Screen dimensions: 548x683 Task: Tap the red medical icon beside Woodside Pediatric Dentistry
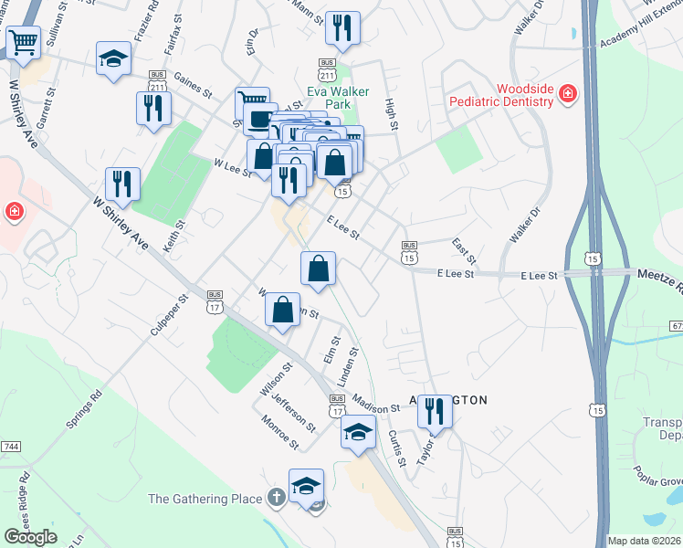pyautogui.click(x=567, y=93)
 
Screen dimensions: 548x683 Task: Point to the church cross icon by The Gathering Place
pyautogui.click(x=278, y=499)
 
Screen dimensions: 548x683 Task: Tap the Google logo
pyautogui.click(x=30, y=537)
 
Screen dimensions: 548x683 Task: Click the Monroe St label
pyautogui.click(x=280, y=432)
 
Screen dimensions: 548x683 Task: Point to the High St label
pyautogui.click(x=391, y=114)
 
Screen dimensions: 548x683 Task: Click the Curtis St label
pyautogui.click(x=396, y=448)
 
